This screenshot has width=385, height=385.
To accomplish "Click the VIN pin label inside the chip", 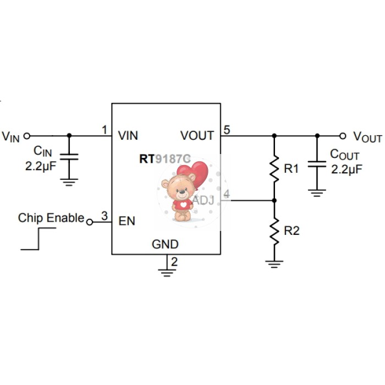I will (128, 135).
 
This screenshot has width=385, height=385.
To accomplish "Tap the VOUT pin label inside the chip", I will (197, 135).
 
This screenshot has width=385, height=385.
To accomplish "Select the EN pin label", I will (127, 221).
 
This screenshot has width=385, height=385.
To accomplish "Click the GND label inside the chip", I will (165, 244).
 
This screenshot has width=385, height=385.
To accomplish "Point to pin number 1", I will (105, 130).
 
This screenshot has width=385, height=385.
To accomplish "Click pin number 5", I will (227, 130).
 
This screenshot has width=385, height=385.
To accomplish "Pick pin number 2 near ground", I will (174, 262).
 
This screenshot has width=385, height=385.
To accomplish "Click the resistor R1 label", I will (291, 169).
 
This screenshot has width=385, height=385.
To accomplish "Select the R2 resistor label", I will (291, 231).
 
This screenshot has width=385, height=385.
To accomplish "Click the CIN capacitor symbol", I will (69, 157).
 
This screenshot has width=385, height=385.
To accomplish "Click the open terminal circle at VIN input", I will (26, 135).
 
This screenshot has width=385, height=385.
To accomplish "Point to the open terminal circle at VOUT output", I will (343, 135).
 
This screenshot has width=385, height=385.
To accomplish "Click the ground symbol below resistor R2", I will (274, 263).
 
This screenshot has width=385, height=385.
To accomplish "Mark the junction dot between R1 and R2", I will (274, 201).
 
